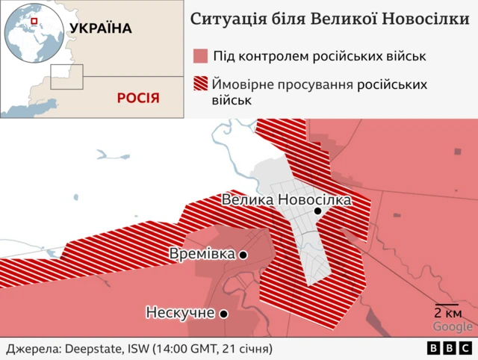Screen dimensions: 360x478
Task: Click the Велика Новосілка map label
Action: (x=286, y=200)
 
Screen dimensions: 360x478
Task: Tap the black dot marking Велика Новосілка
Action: (x=317, y=211)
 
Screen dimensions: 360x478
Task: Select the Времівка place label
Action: (x=202, y=254)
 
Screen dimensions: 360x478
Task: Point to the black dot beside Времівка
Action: (x=243, y=255)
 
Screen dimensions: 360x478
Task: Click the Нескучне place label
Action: (x=181, y=313)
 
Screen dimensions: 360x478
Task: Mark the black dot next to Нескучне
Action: (x=223, y=314)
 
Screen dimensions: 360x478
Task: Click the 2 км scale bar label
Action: (x=447, y=313)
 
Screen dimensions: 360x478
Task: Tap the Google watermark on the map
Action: (x=453, y=326)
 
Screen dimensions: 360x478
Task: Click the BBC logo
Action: (x=449, y=349)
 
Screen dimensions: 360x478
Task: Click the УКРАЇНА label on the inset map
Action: (x=100, y=29)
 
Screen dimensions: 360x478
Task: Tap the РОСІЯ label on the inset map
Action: (x=138, y=98)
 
